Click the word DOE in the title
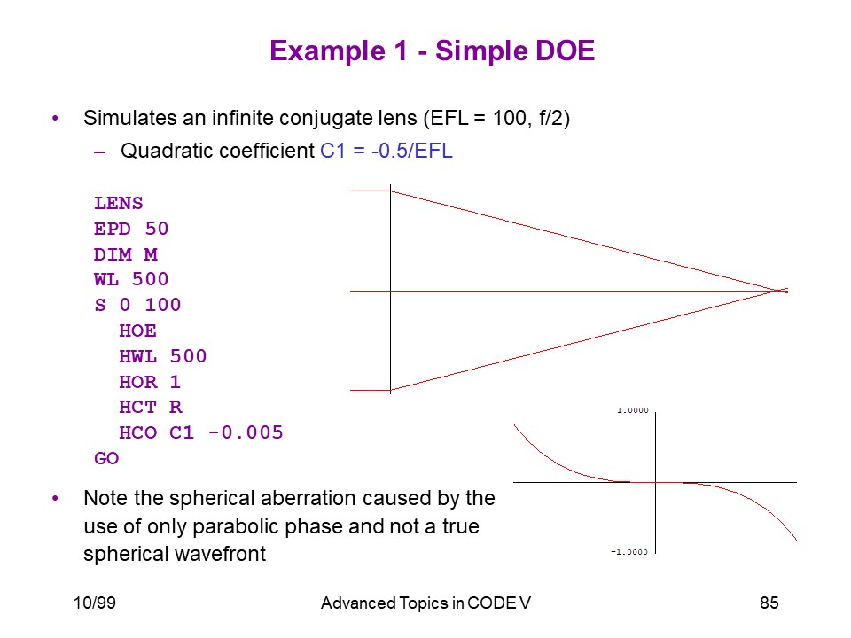565,51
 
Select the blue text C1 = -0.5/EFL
386,151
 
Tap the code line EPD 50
131,229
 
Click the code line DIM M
126,254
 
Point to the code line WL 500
131,279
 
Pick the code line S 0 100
137,305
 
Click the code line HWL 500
163,356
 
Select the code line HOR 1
150,382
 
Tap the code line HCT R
151,408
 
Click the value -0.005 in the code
246,432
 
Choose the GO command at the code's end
106,458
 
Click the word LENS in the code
119,203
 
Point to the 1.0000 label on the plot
633,410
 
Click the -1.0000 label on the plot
629,552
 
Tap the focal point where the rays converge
779,292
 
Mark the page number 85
769,603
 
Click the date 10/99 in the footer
95,603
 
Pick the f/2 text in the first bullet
552,118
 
